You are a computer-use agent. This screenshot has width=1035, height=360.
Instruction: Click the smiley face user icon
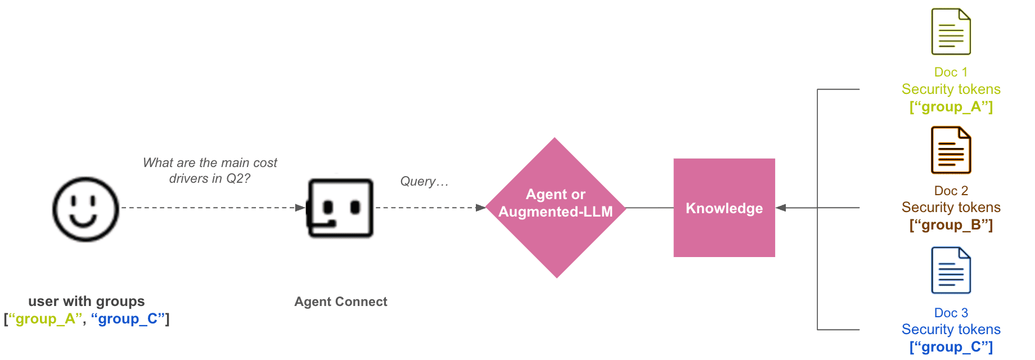pos(85,209)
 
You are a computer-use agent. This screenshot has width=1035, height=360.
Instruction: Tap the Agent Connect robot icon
pos(340,208)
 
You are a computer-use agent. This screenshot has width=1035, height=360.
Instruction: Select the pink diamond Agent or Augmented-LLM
pos(556,208)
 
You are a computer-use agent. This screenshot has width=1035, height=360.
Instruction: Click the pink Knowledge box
pos(724,208)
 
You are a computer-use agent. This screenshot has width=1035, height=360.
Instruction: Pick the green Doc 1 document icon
pos(951,31)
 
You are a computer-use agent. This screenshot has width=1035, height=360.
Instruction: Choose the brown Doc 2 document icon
pos(951,150)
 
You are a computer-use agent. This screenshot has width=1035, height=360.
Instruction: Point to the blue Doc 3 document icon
pos(951,270)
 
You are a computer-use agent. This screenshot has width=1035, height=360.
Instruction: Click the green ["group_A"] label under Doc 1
pos(951,107)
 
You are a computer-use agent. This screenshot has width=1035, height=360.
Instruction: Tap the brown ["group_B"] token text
pos(951,225)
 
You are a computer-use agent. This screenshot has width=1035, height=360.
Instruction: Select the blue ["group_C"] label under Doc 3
pos(951,347)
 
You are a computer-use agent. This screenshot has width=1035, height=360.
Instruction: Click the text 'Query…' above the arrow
pos(424,181)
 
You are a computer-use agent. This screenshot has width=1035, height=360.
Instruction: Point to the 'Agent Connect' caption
pos(341,301)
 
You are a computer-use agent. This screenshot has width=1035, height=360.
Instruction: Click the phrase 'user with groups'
pos(87,301)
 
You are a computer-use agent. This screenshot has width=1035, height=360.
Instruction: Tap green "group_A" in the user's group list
pos(46,319)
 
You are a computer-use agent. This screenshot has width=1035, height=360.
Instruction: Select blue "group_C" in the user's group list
pos(128,319)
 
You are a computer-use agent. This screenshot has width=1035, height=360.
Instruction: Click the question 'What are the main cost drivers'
pos(210,170)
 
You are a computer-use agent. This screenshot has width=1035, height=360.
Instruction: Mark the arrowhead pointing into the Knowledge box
pos(781,208)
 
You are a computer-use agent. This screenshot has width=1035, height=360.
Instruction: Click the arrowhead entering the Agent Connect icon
pos(300,208)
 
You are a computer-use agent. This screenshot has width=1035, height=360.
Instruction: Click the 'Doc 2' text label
pos(951,191)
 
